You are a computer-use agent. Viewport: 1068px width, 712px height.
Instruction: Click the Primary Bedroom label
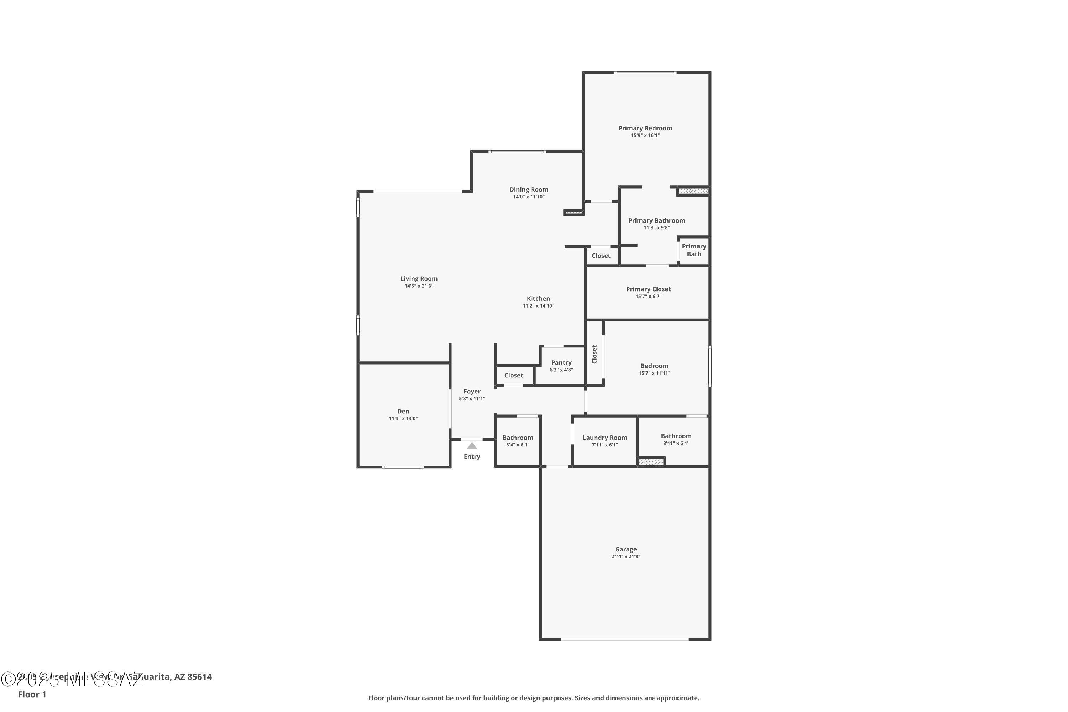tap(645, 129)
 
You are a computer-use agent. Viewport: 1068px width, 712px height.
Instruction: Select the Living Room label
tap(419, 279)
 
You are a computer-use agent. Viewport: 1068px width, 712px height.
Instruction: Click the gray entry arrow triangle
tap(472, 445)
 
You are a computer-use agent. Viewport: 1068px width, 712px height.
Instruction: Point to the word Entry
tap(472, 456)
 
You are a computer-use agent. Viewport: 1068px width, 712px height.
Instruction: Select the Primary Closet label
tap(648, 289)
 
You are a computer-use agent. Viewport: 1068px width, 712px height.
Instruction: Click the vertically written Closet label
tap(595, 354)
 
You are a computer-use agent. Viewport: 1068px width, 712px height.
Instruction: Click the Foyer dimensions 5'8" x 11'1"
tap(472, 399)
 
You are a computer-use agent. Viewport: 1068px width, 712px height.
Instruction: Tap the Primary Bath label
tap(694, 250)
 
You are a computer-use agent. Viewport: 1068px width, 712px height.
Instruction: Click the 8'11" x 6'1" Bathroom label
tap(676, 436)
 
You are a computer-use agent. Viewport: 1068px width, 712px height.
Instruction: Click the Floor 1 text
tap(32, 694)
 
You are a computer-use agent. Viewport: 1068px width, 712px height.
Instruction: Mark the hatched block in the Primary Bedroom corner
tap(693, 191)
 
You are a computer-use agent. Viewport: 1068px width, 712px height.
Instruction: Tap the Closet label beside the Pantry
tap(514, 376)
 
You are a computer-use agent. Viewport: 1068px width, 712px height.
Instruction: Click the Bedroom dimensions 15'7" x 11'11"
tap(654, 373)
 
